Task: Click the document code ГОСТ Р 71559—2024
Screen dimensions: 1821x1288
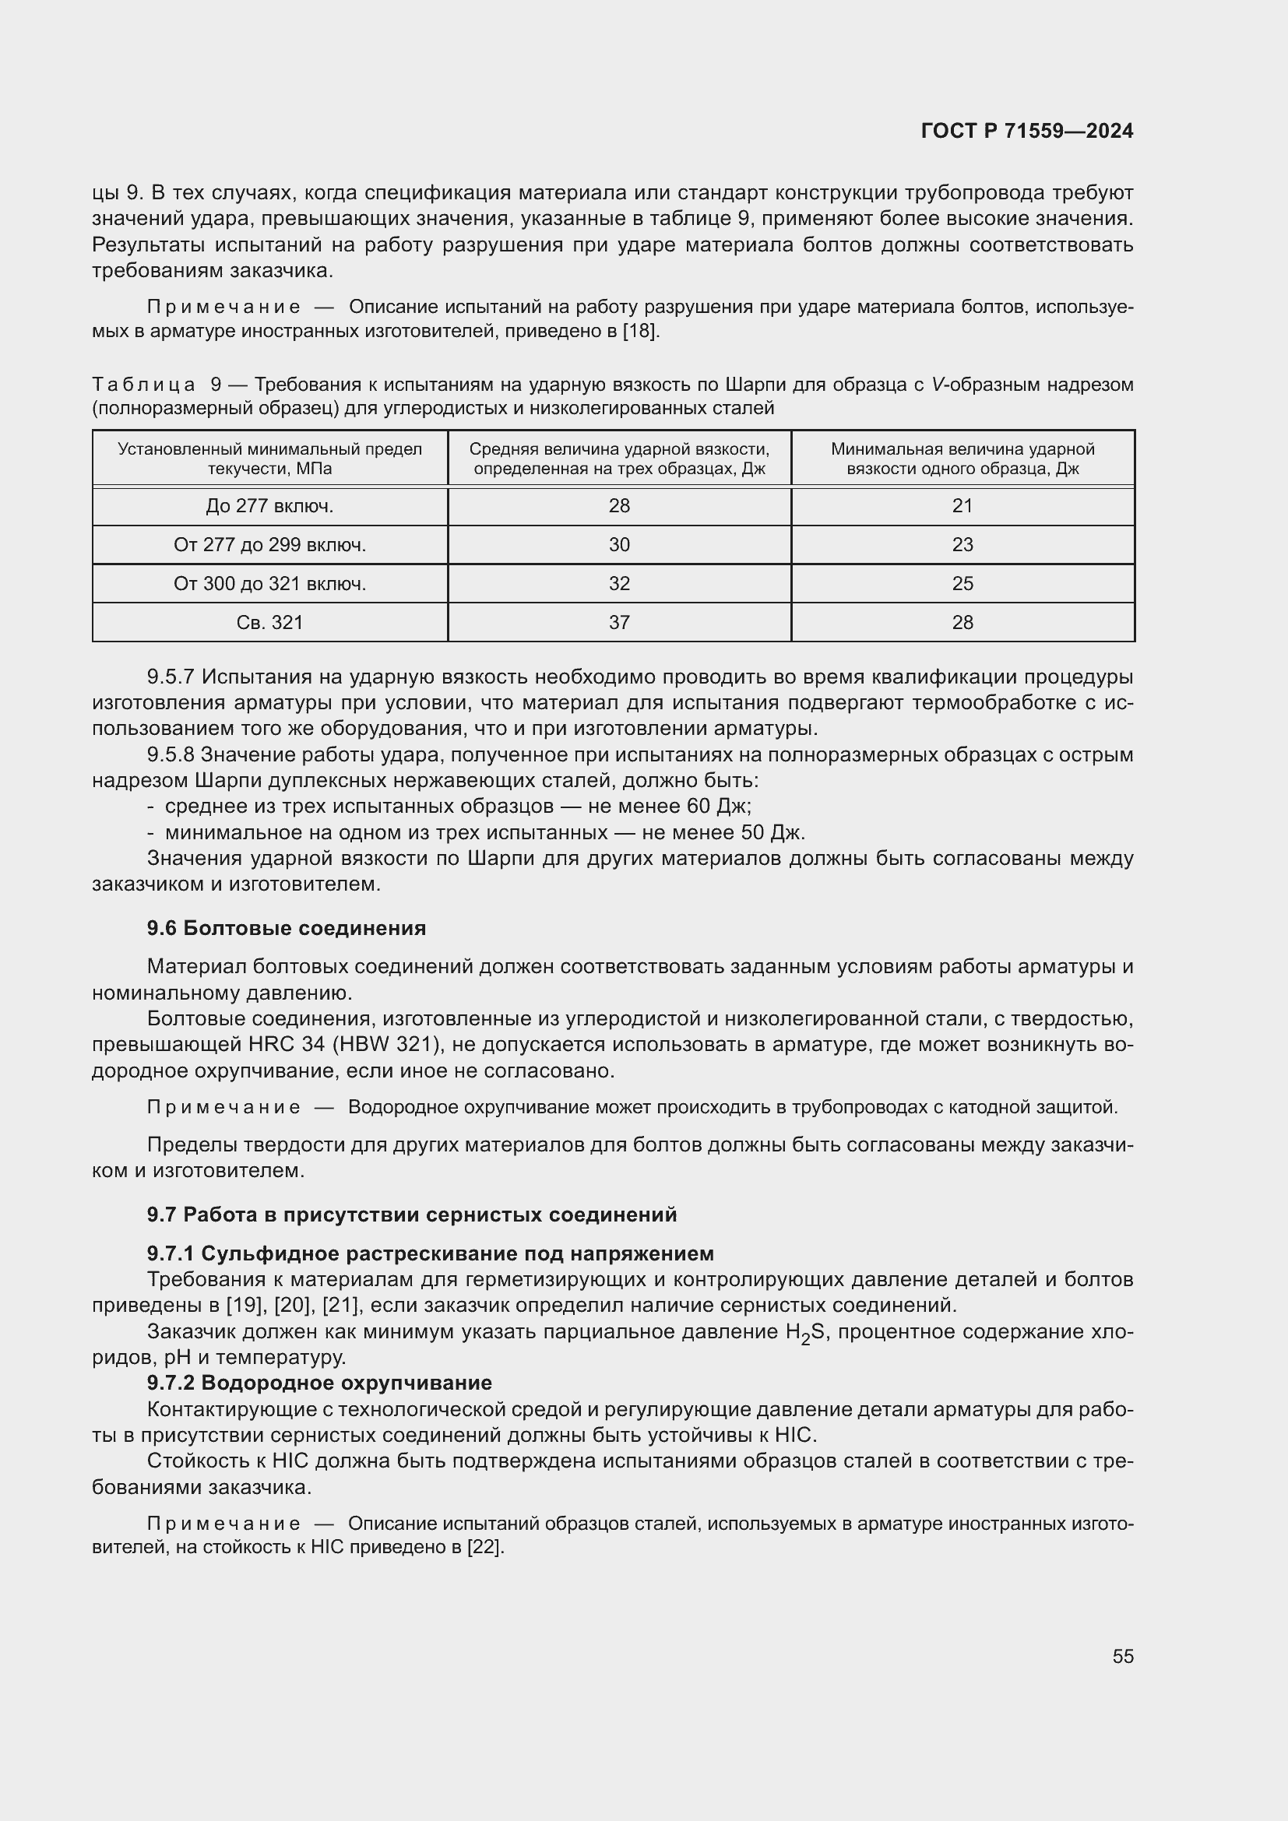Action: [1027, 131]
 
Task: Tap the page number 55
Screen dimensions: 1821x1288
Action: [1122, 1656]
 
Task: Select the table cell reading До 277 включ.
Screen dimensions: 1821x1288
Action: [269, 506]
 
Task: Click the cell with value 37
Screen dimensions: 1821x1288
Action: [618, 623]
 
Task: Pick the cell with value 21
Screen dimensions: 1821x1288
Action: [962, 506]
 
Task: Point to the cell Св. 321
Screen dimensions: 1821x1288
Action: [269, 623]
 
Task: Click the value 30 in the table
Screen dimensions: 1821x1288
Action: [618, 545]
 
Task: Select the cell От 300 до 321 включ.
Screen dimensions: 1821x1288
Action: [269, 584]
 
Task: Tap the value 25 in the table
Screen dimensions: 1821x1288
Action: [962, 584]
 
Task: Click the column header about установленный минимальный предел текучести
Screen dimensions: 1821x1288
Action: [269, 459]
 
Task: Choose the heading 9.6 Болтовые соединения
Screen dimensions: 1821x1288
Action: [287, 928]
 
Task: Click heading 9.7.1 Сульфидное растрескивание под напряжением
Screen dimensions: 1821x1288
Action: [430, 1253]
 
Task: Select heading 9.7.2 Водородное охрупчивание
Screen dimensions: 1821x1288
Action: [318, 1383]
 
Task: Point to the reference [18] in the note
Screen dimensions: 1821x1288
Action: [640, 331]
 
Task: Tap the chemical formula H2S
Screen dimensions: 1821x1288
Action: [805, 1332]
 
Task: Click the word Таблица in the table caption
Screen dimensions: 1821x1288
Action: [143, 385]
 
